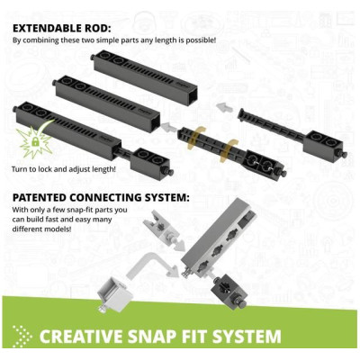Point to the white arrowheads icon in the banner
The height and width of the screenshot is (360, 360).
(22, 337)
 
